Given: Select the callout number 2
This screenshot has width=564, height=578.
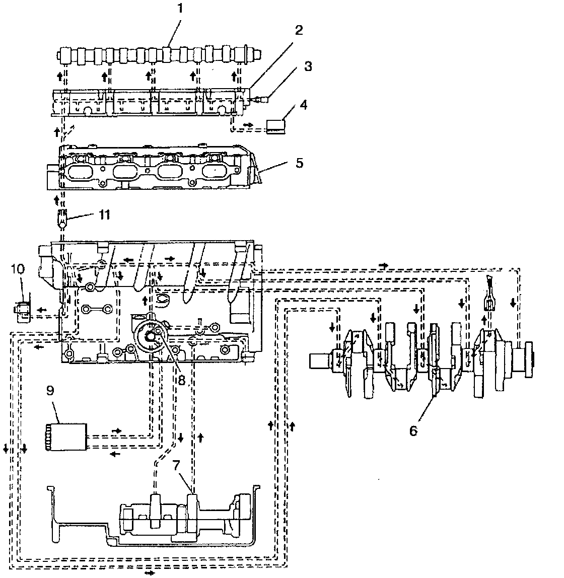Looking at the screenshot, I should [299, 30].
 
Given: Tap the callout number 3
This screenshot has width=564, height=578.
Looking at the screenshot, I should [308, 66].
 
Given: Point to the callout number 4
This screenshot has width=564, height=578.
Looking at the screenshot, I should [303, 105].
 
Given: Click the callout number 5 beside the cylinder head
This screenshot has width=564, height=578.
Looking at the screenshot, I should [299, 164].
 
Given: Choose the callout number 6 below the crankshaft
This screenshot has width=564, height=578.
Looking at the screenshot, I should [413, 431].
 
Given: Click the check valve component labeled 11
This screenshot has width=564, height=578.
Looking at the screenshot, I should [62, 220].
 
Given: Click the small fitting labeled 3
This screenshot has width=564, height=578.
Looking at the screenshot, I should [260, 99].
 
